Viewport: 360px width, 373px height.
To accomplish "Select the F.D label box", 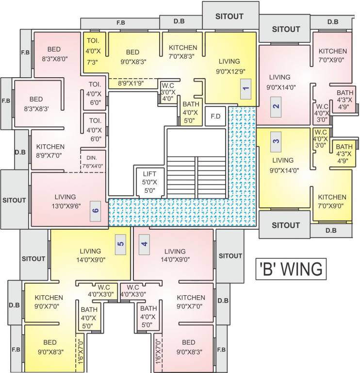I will (x=215, y=117).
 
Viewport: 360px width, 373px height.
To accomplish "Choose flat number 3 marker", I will (x=276, y=142).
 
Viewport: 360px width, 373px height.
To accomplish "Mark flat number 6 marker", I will (x=96, y=210).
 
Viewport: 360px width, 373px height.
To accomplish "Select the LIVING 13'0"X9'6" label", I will (x=65, y=202).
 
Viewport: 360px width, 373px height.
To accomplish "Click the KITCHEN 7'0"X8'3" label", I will (x=183, y=52).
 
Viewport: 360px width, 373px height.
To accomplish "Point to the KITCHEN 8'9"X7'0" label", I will (x=50, y=151).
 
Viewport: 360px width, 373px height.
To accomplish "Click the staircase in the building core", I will (x=196, y=175).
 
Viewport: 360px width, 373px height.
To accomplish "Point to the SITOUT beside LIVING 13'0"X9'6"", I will (x=14, y=200).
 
